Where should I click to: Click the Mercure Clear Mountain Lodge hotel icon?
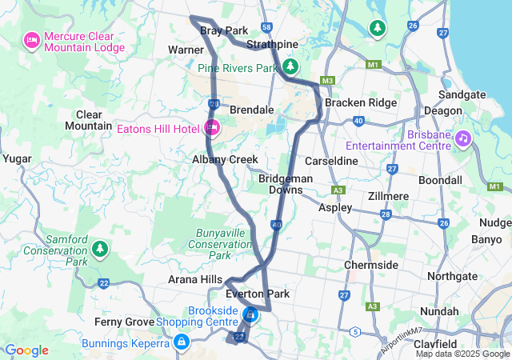point(33,39)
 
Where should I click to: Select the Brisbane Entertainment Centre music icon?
point(462,139)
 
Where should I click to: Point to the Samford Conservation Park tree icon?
point(99,249)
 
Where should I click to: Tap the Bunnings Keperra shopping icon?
point(182,343)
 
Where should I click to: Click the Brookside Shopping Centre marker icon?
point(250,314)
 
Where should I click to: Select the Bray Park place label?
point(224,30)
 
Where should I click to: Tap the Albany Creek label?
point(225,160)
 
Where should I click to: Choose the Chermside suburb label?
point(370,265)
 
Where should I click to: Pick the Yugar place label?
point(16,159)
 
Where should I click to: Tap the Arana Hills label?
point(195,278)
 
